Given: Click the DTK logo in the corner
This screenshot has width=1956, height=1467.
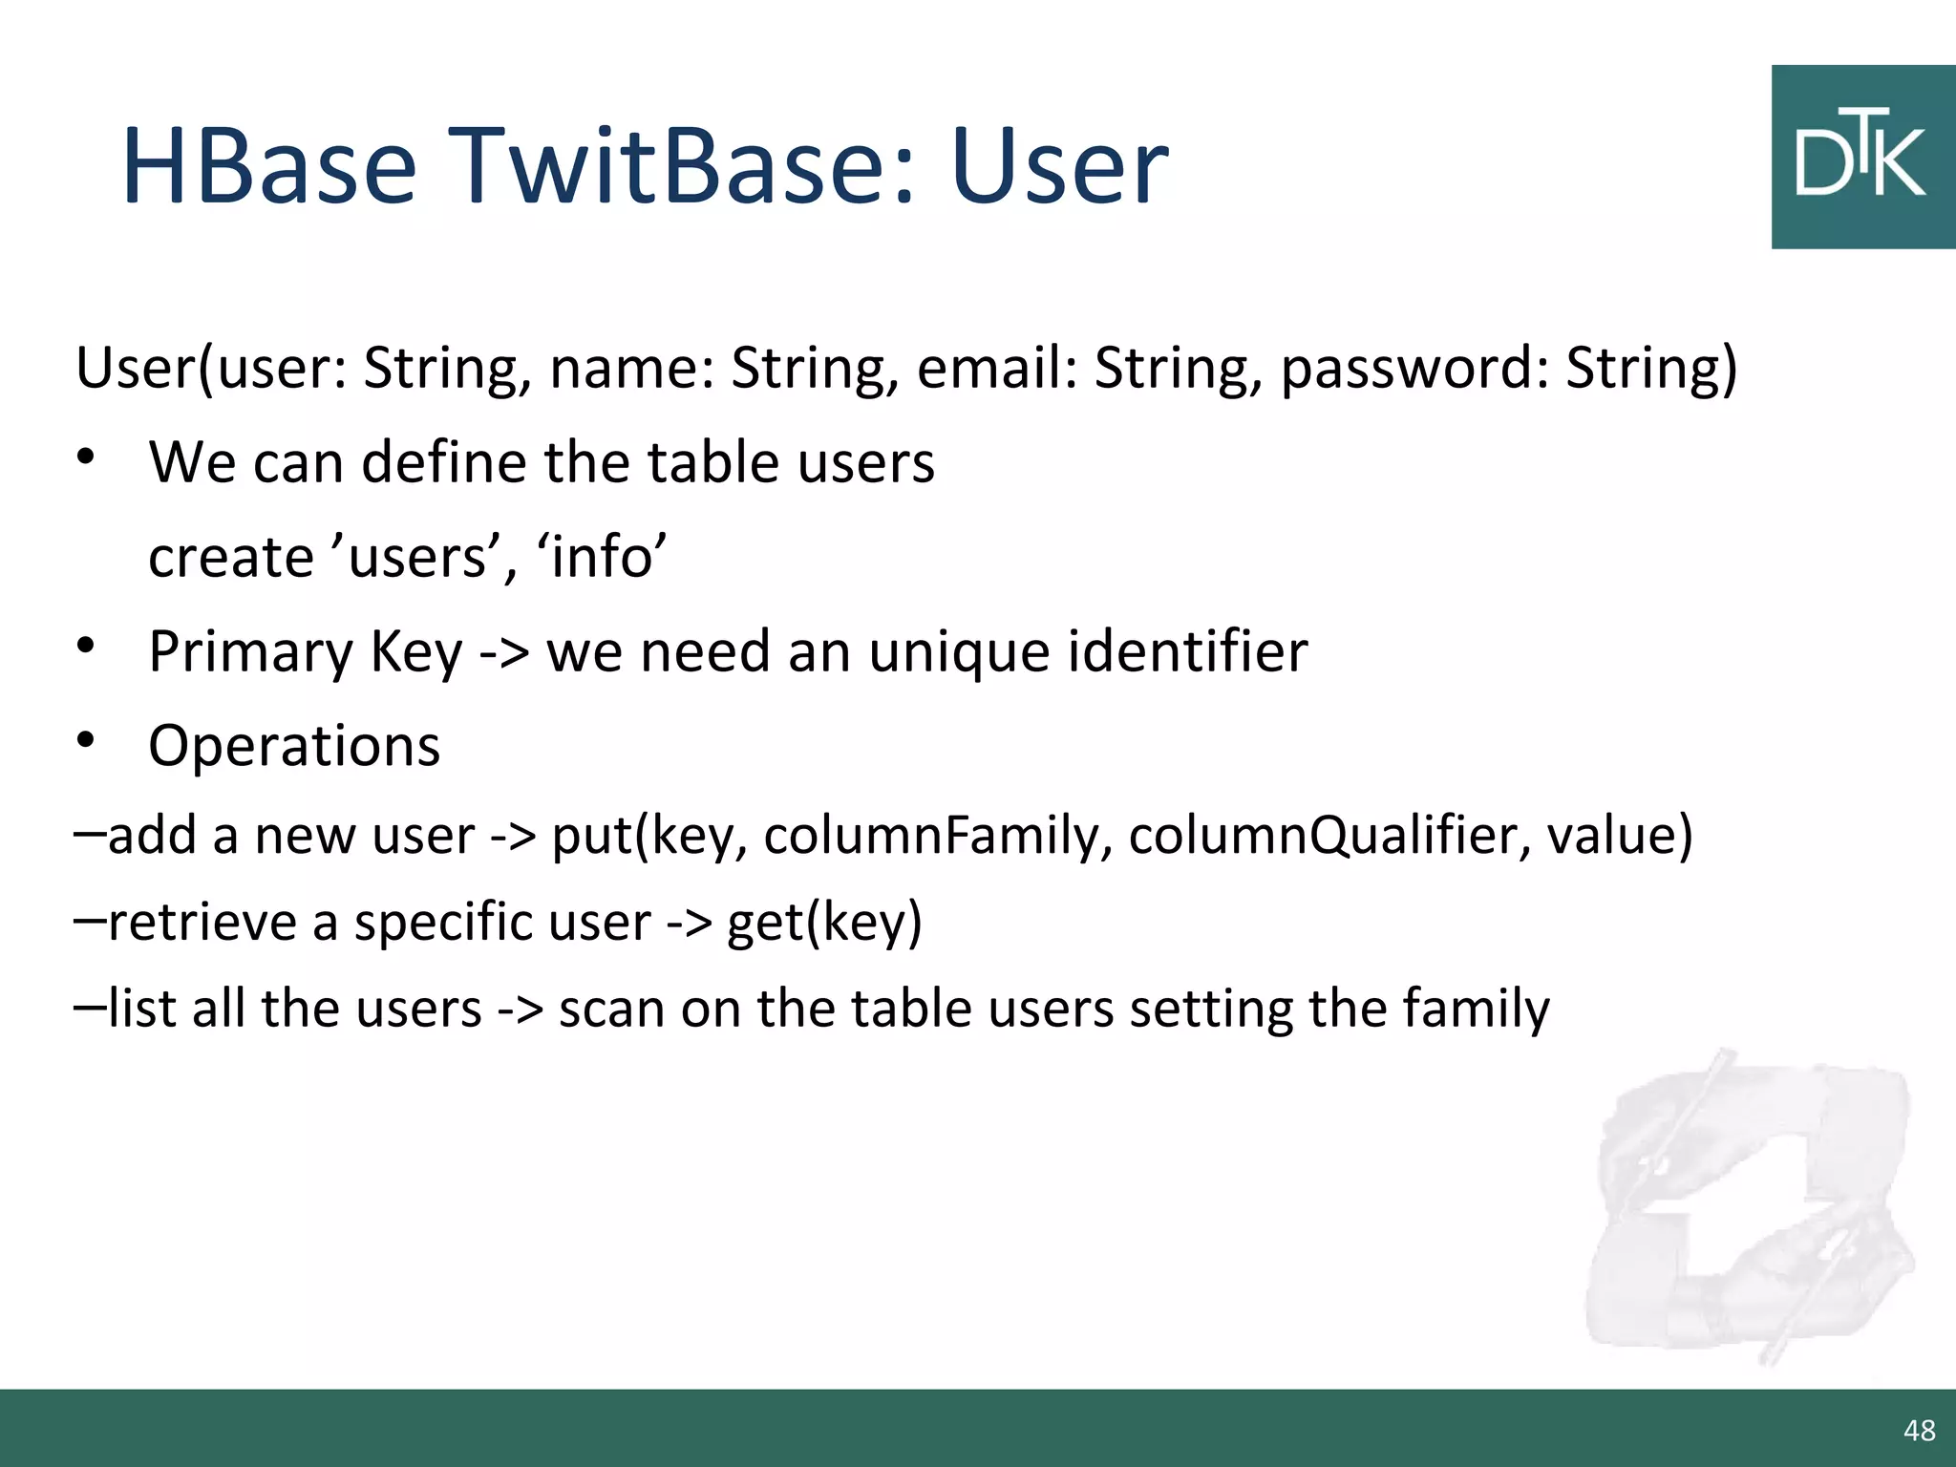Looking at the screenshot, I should (x=1862, y=158).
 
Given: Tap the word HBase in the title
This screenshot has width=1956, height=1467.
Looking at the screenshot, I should (x=269, y=167).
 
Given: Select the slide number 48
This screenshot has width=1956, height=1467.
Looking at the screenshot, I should (x=1919, y=1430).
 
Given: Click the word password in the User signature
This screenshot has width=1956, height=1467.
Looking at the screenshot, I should (x=1414, y=370).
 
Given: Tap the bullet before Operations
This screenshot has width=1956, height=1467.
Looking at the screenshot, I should (x=86, y=740).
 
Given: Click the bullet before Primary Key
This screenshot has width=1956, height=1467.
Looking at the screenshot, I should (x=86, y=647).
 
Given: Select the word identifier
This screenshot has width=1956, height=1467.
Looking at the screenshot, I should (x=1186, y=652).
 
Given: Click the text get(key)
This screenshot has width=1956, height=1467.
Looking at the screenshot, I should (x=824, y=924).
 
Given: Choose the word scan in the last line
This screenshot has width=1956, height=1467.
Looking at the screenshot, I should (x=611, y=1010).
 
